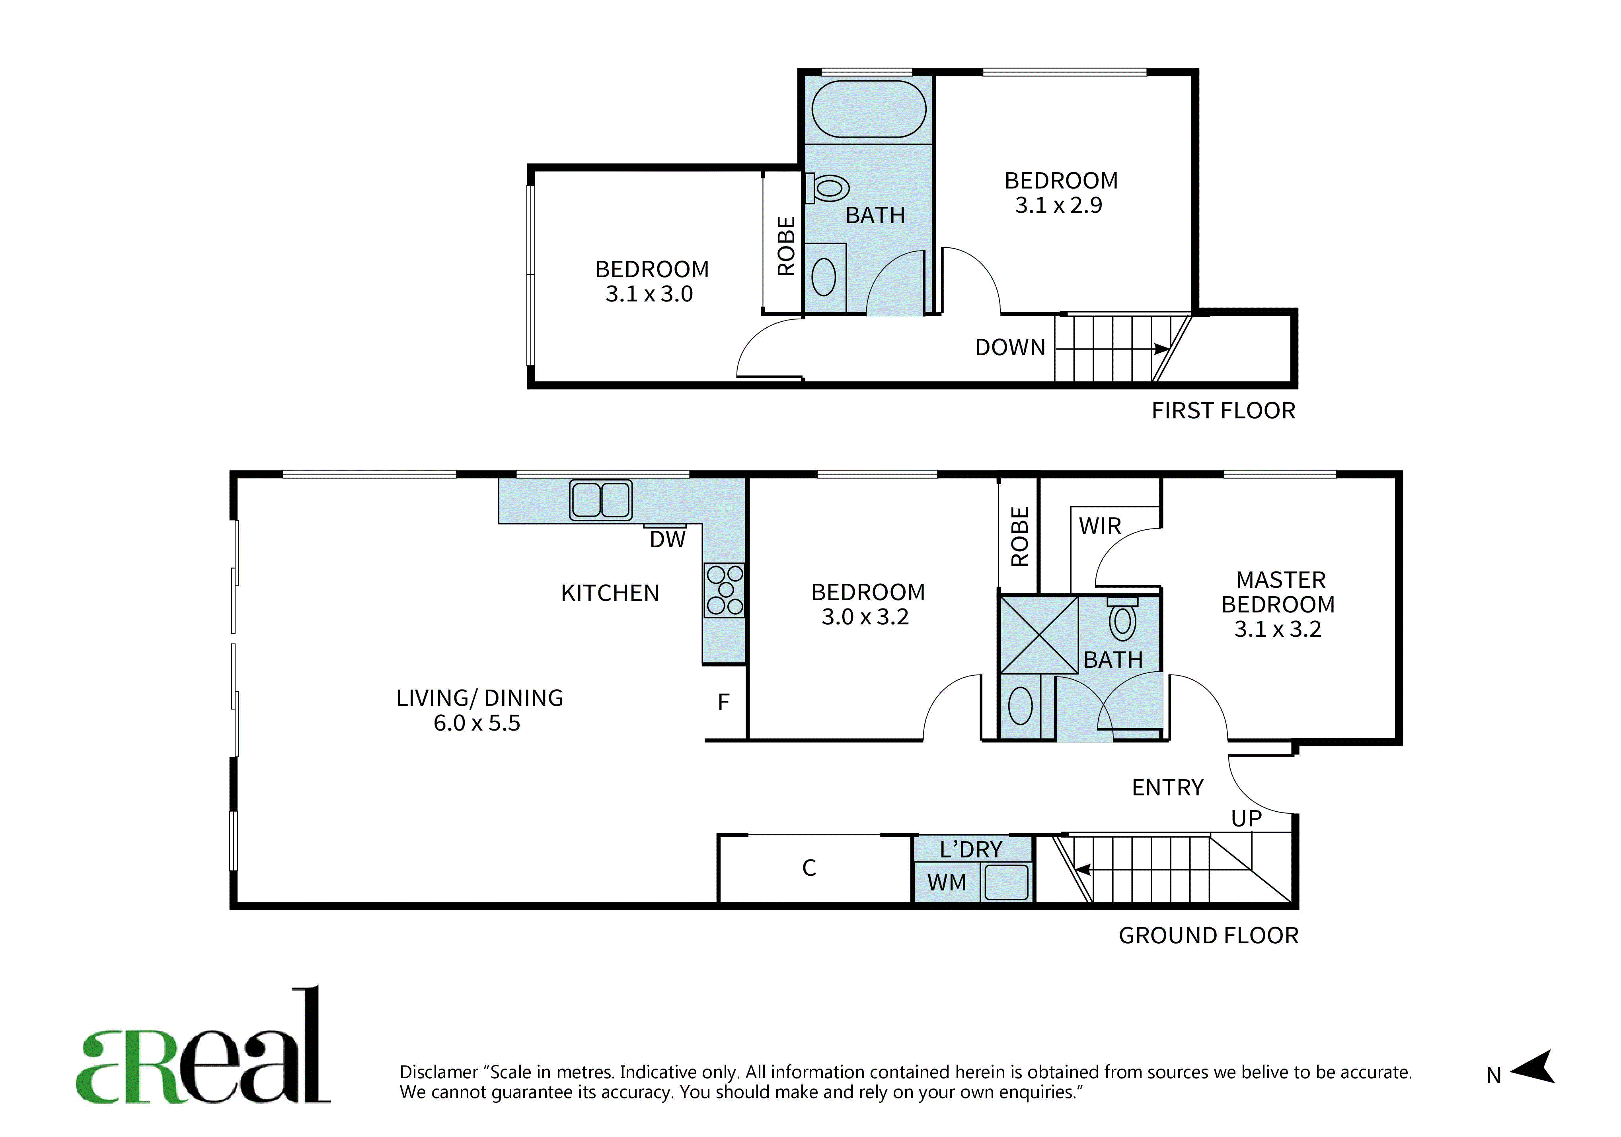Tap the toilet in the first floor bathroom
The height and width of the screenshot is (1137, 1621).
pos(828,189)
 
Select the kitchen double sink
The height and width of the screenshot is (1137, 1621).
pos(601,500)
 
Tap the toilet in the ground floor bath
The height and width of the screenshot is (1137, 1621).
pos(1122,619)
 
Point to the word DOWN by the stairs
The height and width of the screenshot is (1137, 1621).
pos(1009,347)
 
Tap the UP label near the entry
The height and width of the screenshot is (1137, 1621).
pos(1246,819)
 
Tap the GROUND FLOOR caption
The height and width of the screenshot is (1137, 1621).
pos(1209,936)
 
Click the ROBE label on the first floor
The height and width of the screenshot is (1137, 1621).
pos(786,246)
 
